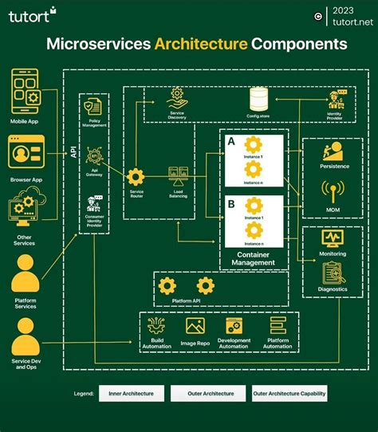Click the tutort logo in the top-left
[x=32, y=14]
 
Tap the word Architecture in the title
[x=200, y=44]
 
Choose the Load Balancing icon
[x=178, y=175]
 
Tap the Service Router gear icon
[x=136, y=176]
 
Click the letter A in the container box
[x=231, y=141]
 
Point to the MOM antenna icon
[x=333, y=192]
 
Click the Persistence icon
[x=333, y=151]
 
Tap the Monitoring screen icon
[x=333, y=238]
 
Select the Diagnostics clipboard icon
[x=333, y=273]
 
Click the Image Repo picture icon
[x=195, y=325]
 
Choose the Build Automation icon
[x=156, y=325]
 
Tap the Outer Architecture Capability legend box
[x=289, y=393]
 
